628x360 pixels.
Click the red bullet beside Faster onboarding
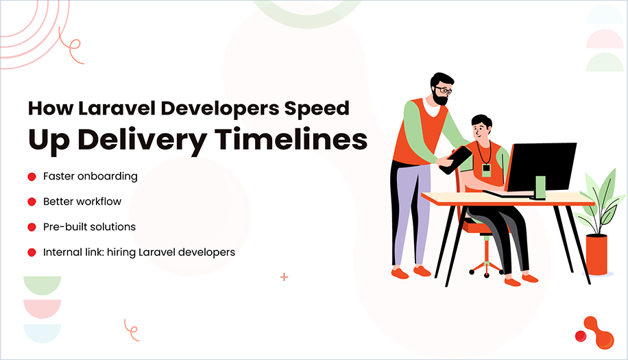point(32,177)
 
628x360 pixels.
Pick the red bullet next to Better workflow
point(32,202)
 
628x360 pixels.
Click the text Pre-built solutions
point(89,226)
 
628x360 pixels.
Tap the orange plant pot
point(596,254)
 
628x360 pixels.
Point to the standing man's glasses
point(444,89)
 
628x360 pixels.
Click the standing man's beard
point(439,99)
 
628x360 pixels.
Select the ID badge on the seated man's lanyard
point(486,169)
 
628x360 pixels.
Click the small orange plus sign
point(284,277)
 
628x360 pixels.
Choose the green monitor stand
point(540,187)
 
